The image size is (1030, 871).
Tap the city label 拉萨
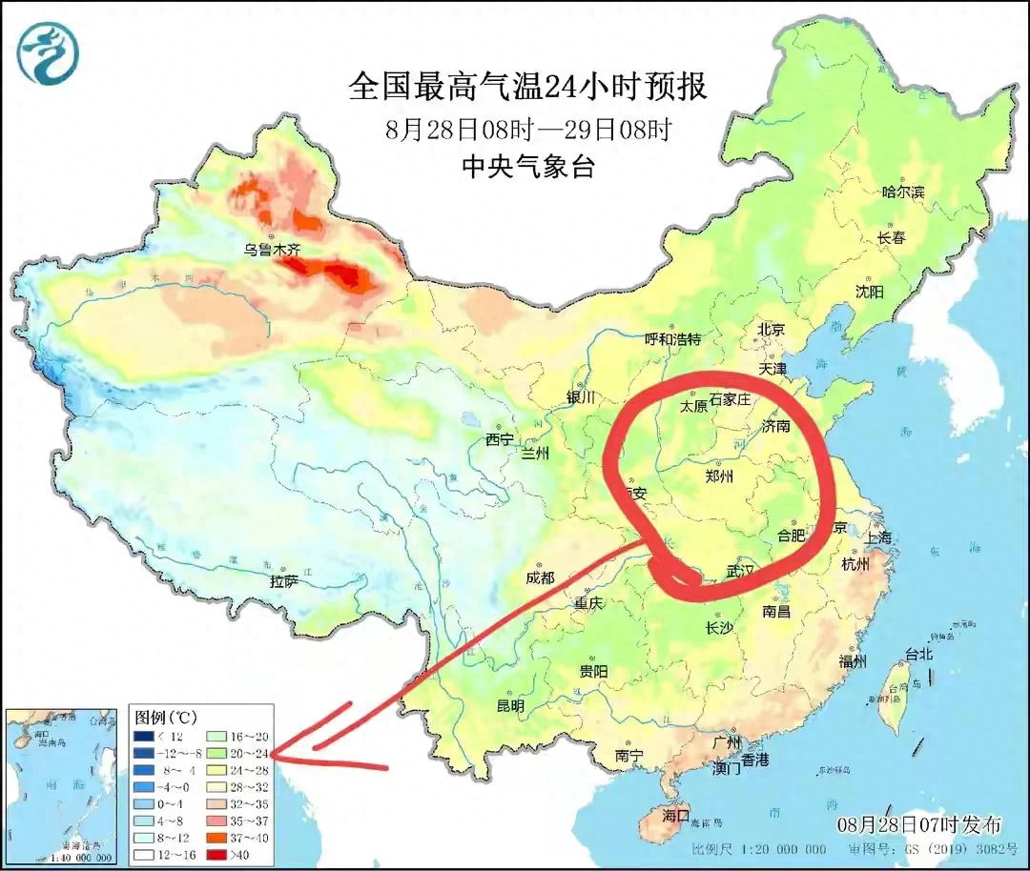[x=284, y=579]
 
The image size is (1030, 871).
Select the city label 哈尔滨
[x=902, y=192]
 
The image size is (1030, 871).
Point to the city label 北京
[x=771, y=329]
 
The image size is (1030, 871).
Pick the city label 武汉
[x=740, y=571]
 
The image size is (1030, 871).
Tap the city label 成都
[x=539, y=577]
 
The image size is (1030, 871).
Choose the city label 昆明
[x=510, y=706]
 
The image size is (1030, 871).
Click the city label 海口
[x=675, y=816]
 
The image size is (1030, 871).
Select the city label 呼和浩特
[x=672, y=339]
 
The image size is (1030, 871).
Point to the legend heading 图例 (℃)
[x=165, y=716]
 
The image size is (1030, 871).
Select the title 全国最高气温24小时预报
[x=527, y=88]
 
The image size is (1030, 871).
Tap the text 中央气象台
[x=527, y=168]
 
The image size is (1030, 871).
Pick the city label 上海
[x=878, y=537]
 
